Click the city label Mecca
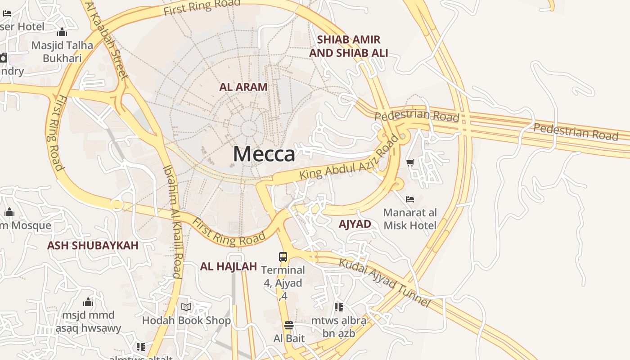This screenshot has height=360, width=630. point(264,154)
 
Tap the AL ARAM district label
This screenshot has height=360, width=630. point(243,87)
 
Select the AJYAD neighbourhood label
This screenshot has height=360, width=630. point(355,224)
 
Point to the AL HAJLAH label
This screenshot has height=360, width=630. point(228,266)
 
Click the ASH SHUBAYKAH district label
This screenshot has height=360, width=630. point(93,245)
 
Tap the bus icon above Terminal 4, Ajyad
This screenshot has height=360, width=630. point(283,257)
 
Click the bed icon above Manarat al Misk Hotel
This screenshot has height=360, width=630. point(410,199)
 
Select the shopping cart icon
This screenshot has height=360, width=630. point(410,163)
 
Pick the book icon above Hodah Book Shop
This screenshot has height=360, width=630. point(186,307)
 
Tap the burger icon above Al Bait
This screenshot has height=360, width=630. point(289,325)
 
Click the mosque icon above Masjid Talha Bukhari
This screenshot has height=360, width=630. point(62,32)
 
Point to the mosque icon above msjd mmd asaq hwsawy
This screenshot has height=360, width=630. point(88,301)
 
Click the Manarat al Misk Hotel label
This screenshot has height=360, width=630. point(410,219)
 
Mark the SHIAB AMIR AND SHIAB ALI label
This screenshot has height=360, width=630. point(348,46)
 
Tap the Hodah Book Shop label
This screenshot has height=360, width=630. point(186,320)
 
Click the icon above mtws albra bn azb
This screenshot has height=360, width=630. point(339,307)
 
